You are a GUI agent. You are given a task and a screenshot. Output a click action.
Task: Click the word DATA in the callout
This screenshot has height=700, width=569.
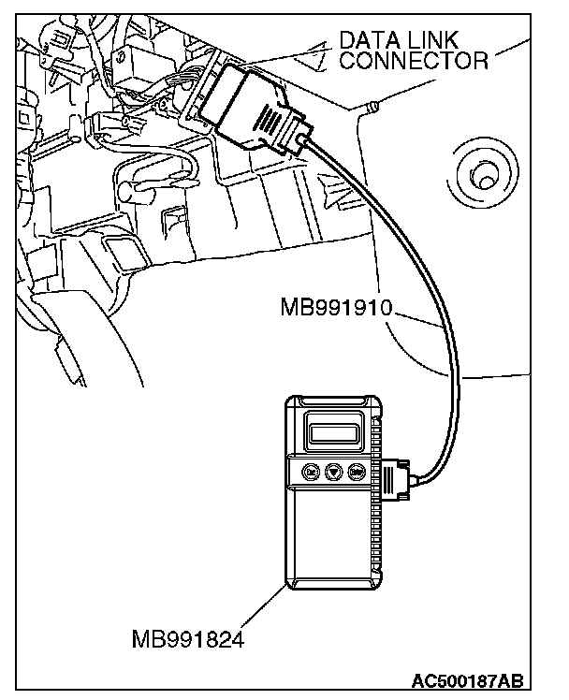click(x=369, y=40)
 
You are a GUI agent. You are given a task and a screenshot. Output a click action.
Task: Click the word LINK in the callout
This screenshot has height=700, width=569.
click(x=438, y=40)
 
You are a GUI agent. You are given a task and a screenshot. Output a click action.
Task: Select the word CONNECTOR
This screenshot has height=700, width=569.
click(x=413, y=62)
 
